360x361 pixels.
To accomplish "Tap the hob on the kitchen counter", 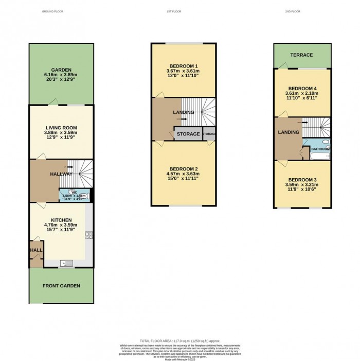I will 88,235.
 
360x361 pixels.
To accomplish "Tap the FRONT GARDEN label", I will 61,286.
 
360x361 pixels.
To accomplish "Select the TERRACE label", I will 302,55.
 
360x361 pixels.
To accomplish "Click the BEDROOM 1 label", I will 184,66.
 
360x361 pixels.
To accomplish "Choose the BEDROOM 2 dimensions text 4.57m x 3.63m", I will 184,174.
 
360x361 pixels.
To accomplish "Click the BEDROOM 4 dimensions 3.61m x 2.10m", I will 302,93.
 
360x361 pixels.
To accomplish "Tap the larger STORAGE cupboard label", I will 188,134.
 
